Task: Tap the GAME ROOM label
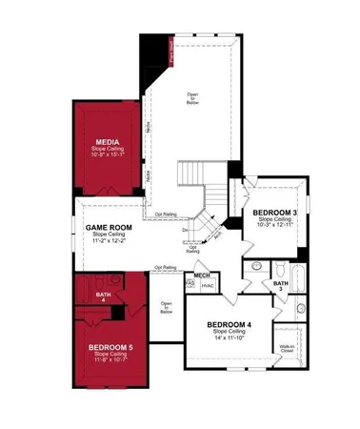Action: pos(109,227)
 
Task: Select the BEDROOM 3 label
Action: pos(275,212)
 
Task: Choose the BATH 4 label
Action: pos(104,296)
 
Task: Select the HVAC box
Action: pos(207,285)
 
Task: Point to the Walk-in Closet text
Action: pos(287,349)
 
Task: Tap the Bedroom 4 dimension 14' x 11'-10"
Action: pos(232,338)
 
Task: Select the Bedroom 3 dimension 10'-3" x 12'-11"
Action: pos(275,226)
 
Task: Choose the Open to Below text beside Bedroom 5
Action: pos(166,308)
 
